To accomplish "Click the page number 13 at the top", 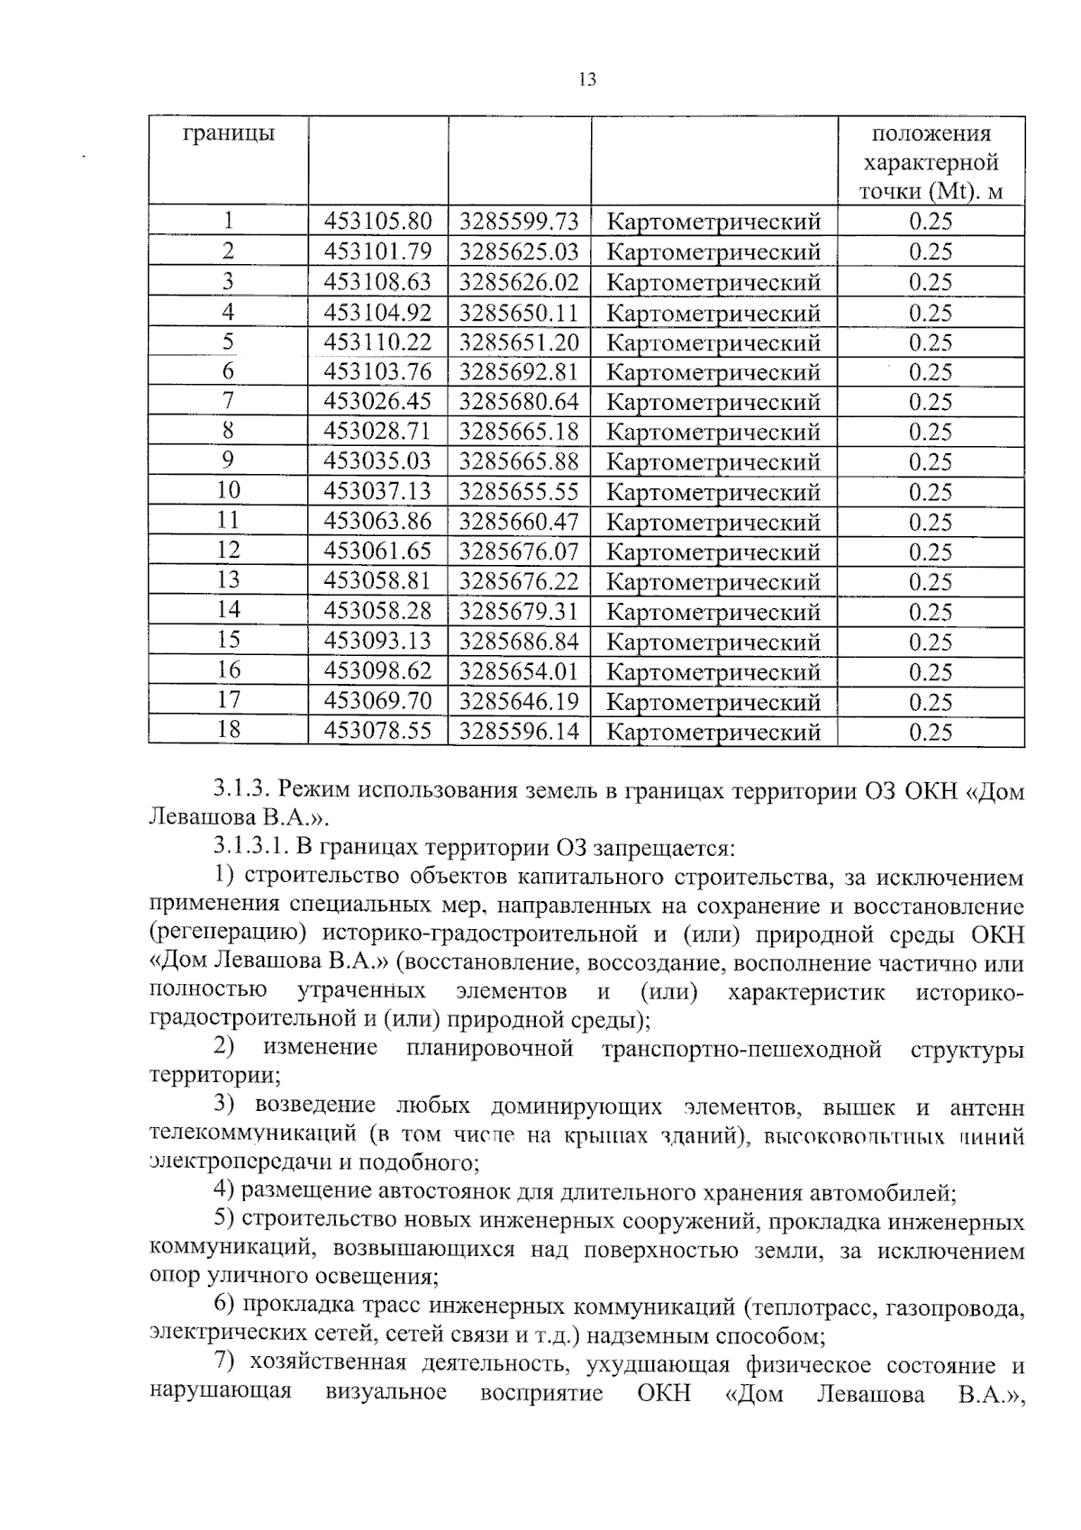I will pos(587,80).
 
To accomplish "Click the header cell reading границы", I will pos(229,135).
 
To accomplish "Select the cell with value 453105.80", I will pos(377,222).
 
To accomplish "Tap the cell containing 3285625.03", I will pos(519,251).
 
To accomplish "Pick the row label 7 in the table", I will pos(228,401).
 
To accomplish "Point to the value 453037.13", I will pos(377,491).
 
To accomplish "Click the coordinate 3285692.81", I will pos(519,371).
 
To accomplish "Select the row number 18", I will pos(228,730).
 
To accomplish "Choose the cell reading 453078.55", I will pos(377,731).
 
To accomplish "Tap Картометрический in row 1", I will pos(713,222).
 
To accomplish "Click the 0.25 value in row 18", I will pos(930,732).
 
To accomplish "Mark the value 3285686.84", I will pos(519,642).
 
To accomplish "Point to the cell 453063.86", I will pos(377,521).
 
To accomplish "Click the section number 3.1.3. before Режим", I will pos(242,790).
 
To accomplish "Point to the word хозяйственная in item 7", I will pos(327,1364).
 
